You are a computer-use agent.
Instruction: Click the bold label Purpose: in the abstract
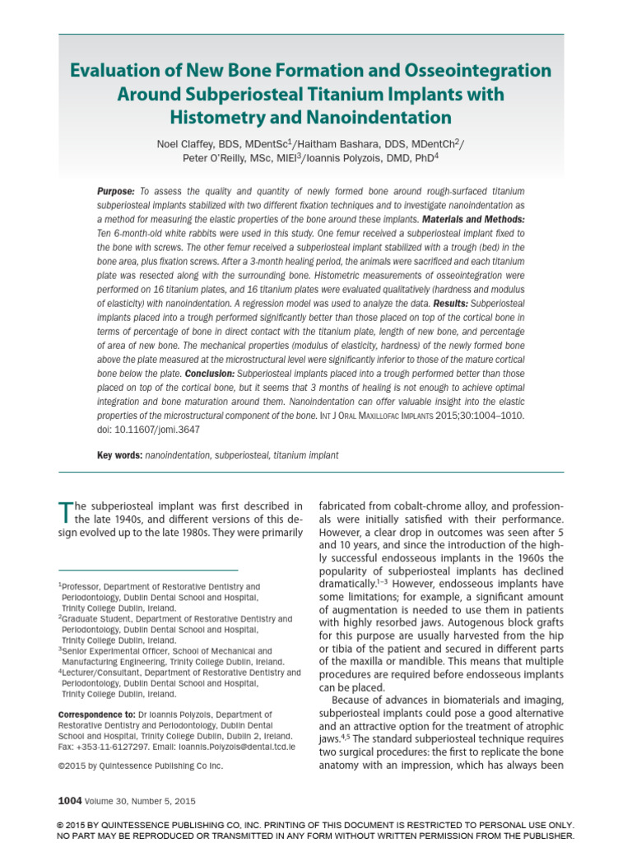tap(116, 191)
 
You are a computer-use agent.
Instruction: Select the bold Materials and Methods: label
tap(473, 220)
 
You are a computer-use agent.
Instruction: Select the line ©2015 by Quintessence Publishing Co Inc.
tap(140, 766)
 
